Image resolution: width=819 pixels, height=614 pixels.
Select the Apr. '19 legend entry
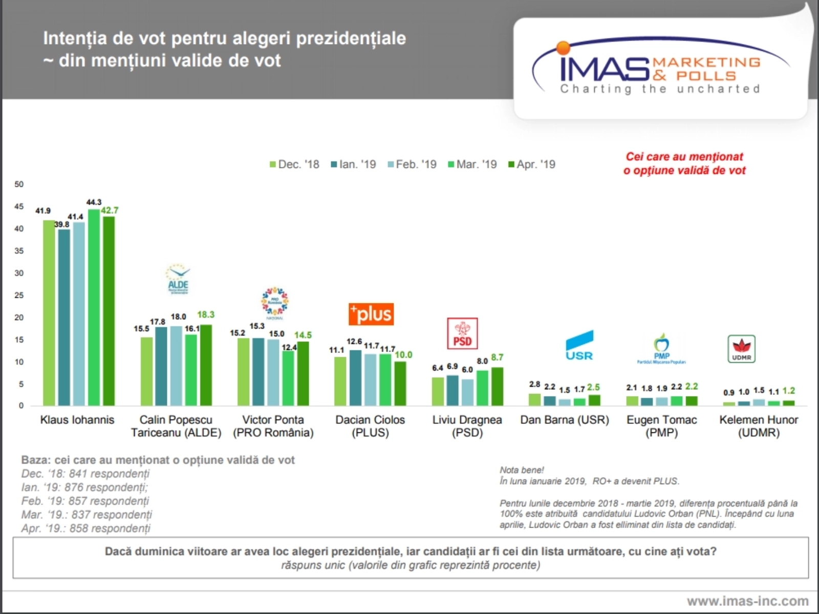click(x=532, y=164)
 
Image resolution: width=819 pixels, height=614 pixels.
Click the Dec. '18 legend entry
click(x=295, y=164)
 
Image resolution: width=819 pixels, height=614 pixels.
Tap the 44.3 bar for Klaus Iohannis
click(x=94, y=307)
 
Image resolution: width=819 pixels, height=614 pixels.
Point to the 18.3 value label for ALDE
click(x=206, y=315)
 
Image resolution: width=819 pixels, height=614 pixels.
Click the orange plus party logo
click(x=371, y=314)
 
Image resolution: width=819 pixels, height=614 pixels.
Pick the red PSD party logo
click(x=462, y=333)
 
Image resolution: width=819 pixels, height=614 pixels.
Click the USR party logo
click(x=579, y=345)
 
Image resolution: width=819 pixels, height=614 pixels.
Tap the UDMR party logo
click(x=741, y=349)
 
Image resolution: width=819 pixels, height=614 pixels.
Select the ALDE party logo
click(x=178, y=279)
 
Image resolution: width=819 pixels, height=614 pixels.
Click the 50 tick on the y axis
click(x=19, y=184)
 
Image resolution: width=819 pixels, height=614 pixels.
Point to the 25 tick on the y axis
click(x=19, y=295)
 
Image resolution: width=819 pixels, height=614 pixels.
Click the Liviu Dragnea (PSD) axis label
click(x=467, y=426)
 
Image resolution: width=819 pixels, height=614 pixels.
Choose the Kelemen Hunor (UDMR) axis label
click(x=759, y=426)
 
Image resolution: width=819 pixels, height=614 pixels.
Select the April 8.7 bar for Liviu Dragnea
click(x=497, y=386)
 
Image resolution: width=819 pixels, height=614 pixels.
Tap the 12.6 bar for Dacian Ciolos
click(x=355, y=378)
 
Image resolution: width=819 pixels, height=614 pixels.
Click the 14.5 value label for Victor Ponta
click(x=303, y=335)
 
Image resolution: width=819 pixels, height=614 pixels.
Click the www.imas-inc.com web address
click(x=747, y=601)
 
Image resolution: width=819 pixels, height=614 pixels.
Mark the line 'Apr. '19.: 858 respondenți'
click(x=86, y=528)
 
